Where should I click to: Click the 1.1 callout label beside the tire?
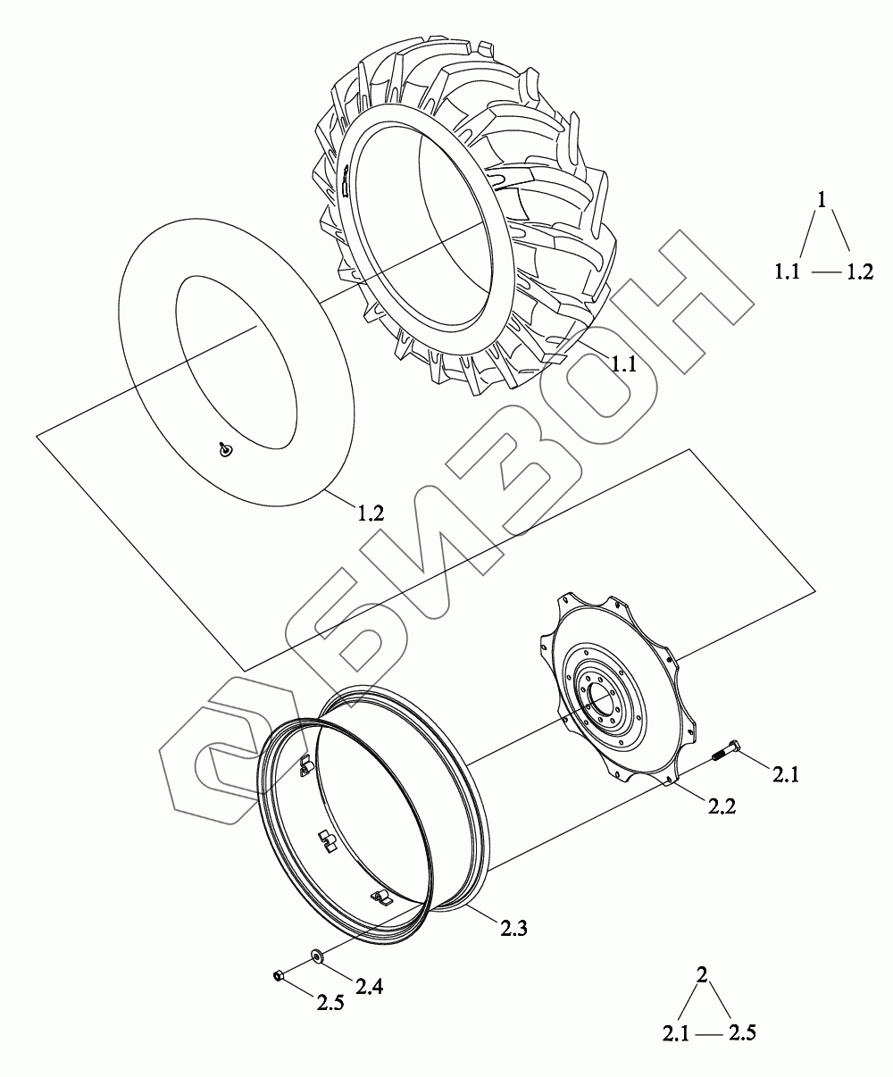coord(623,364)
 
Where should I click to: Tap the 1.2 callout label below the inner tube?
coord(371,513)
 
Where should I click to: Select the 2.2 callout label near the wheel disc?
coord(722,806)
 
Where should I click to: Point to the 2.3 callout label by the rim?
coord(513,929)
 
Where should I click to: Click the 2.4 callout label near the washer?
coord(370,988)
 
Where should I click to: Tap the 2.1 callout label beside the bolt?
coord(786,775)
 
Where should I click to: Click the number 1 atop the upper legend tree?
coord(822,200)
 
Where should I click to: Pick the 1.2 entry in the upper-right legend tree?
coord(860,271)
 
